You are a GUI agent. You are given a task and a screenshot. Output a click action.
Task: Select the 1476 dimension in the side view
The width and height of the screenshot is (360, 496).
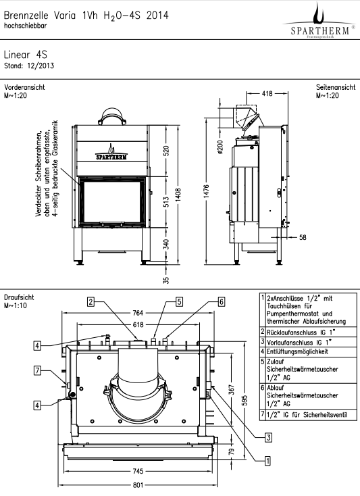tap(206, 192)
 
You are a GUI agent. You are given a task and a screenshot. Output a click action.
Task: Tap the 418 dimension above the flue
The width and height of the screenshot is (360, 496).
tap(267, 93)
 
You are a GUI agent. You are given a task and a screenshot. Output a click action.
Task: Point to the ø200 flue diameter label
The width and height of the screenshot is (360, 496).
tap(220, 147)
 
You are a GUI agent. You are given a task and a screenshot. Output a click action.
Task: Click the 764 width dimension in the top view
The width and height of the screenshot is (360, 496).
tap(138, 313)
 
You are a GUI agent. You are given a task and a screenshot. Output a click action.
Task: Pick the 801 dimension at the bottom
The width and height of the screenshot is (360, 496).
tap(138, 485)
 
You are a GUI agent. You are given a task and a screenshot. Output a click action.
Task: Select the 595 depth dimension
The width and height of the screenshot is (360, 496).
tap(245, 400)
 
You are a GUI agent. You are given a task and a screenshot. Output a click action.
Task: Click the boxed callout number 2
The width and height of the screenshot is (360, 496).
tap(91, 301)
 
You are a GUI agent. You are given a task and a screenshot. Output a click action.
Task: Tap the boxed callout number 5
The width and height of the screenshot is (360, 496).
tap(179, 301)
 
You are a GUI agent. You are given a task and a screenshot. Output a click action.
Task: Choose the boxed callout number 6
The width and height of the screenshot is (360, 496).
tap(222, 301)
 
